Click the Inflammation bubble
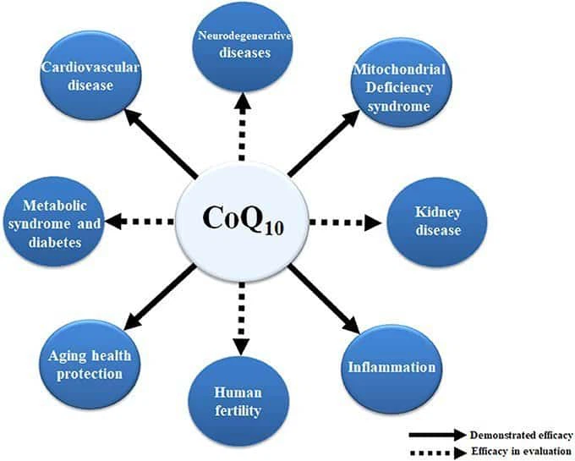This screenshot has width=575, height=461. point(392,367)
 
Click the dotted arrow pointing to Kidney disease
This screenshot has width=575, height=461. point(343,222)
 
